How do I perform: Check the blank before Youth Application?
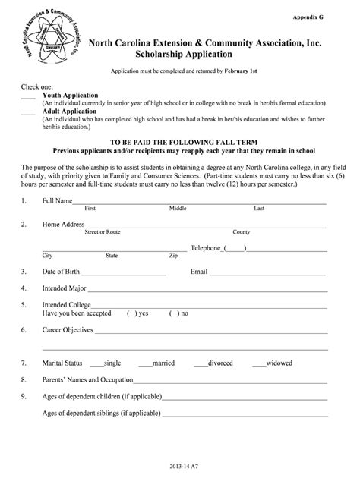[28, 98]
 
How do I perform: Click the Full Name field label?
[57, 200]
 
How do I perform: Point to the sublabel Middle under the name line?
[178, 208]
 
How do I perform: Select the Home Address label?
[63, 225]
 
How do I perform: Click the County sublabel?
[242, 232]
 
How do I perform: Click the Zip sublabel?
[174, 256]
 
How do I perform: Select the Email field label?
[199, 271]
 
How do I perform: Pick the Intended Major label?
[65, 288]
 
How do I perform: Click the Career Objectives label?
[68, 330]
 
